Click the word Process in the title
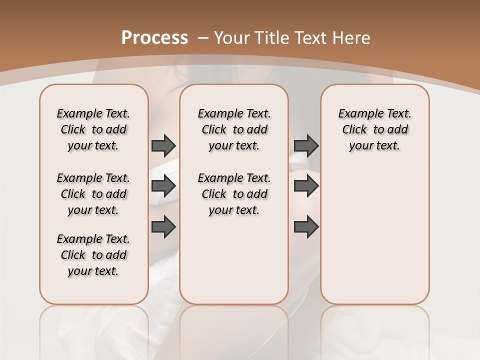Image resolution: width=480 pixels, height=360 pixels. [154, 37]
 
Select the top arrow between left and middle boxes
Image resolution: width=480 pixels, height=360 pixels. [163, 145]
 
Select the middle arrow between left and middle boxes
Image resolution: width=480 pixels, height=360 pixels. [163, 186]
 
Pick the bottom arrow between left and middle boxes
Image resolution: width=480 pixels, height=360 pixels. [163, 226]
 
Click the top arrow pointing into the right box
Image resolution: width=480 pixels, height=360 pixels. [306, 145]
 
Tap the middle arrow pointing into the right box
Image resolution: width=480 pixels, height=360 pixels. [306, 186]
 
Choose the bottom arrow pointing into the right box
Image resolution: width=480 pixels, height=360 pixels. [306, 226]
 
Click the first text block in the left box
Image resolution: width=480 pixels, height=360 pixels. [93, 129]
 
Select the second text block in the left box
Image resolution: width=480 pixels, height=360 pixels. [93, 194]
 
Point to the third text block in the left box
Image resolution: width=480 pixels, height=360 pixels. [93, 255]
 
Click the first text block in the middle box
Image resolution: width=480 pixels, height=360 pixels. [234, 129]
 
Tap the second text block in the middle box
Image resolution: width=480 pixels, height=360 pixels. [234, 194]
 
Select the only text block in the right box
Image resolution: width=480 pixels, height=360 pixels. [374, 129]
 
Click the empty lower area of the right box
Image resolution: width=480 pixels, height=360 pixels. [374, 235]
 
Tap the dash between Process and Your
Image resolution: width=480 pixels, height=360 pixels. [203, 37]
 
